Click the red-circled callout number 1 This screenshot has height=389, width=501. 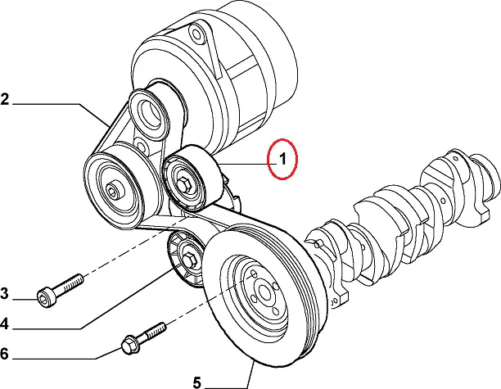click(282, 159)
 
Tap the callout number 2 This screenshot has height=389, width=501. click(4, 99)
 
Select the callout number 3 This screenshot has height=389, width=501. click(4, 293)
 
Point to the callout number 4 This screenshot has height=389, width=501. click(4, 324)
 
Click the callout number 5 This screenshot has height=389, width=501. click(196, 382)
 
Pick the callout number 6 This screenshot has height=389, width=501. click(4, 354)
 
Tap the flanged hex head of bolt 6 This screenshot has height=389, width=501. click(130, 344)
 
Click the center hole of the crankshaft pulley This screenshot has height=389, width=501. click(264, 292)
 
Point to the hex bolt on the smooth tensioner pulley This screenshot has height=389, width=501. click(184, 185)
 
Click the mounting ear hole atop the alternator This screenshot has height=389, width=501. click(196, 34)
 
